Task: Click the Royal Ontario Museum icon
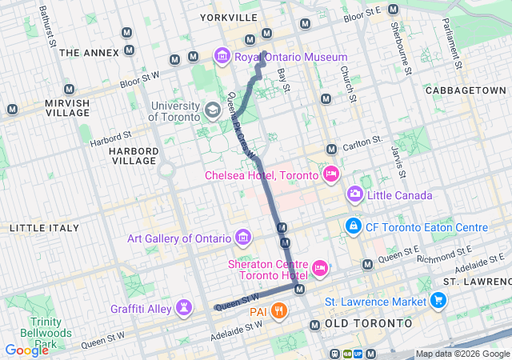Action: tap(222, 57)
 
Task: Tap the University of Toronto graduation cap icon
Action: tap(213, 109)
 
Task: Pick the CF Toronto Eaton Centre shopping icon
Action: tap(353, 227)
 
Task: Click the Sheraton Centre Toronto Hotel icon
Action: tap(320, 267)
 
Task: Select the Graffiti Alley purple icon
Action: tap(186, 307)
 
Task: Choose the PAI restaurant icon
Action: tap(278, 310)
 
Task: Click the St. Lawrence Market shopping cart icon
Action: tap(438, 301)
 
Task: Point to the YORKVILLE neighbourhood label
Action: tap(229, 17)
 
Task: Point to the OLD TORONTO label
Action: tap(368, 323)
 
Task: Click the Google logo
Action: tap(26, 350)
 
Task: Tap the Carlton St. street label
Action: tap(365, 142)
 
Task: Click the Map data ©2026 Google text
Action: tap(462, 354)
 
